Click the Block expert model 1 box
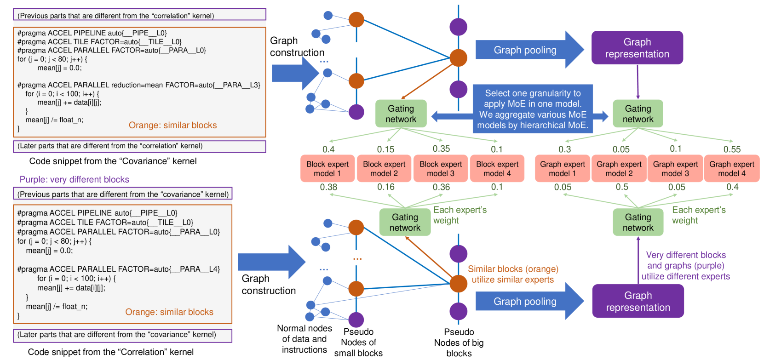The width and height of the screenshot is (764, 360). click(x=327, y=169)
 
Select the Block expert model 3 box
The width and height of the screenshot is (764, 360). click(x=441, y=169)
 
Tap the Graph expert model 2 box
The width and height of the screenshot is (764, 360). click(x=619, y=169)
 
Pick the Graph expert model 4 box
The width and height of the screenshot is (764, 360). click(x=731, y=169)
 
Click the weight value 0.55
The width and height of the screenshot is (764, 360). click(x=732, y=149)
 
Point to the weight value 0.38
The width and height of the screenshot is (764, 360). click(x=328, y=187)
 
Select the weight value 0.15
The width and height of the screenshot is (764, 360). click(x=385, y=149)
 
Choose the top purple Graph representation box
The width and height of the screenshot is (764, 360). click(x=637, y=48)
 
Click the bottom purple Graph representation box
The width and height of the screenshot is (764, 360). click(x=638, y=301)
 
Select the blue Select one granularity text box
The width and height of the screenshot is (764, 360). click(x=533, y=109)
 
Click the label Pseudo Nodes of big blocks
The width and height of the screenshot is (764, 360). click(x=459, y=343)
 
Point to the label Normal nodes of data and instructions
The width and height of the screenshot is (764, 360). click(x=304, y=339)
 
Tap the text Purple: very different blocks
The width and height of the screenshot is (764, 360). click(x=74, y=180)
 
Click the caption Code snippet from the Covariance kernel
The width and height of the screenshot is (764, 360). click(x=113, y=161)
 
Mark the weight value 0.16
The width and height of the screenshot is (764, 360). click(x=385, y=187)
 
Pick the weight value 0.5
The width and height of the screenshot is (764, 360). click(x=622, y=187)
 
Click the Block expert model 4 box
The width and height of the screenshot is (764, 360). click(x=497, y=169)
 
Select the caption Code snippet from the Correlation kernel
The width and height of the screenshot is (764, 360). click(x=110, y=352)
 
